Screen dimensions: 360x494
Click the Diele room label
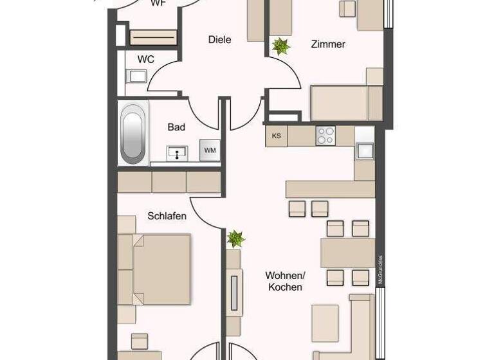(x=219, y=40)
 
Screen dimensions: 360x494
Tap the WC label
(x=146, y=60)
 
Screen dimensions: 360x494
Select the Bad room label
(x=176, y=127)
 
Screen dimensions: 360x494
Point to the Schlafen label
(x=167, y=216)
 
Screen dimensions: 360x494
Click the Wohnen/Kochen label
(x=285, y=281)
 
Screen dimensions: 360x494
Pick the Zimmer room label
(x=328, y=44)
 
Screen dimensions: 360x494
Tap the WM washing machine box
(x=210, y=150)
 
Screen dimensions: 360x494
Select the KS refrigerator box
(x=277, y=136)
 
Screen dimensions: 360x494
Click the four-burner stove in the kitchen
(x=325, y=136)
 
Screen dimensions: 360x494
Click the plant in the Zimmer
(x=280, y=46)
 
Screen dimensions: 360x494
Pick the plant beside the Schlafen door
(x=235, y=239)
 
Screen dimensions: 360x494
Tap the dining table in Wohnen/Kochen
(x=347, y=253)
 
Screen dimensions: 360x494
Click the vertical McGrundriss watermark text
(x=381, y=270)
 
